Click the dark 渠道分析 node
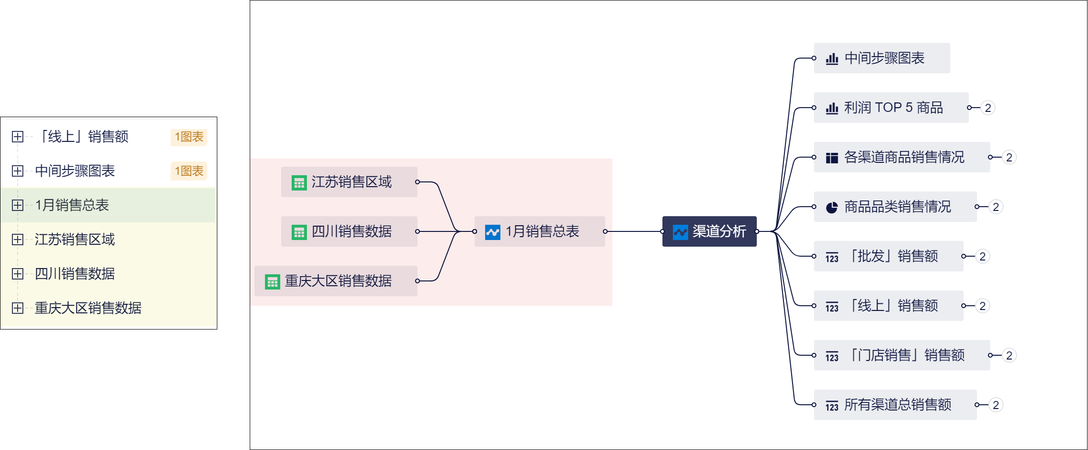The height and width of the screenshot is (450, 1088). click(709, 231)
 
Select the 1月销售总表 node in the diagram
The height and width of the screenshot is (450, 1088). click(539, 231)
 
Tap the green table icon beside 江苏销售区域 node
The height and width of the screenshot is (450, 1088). click(299, 182)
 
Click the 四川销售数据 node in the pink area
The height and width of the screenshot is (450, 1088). click(349, 231)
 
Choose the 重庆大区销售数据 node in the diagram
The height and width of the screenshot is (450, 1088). click(336, 281)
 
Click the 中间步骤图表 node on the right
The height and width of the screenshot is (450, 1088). click(881, 58)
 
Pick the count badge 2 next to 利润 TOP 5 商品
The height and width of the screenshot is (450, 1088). click(988, 108)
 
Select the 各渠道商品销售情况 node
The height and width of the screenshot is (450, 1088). click(901, 157)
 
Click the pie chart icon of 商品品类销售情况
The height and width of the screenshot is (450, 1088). click(832, 207)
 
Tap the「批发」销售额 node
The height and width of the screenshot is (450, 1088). click(888, 256)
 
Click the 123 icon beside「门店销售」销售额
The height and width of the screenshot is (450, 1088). click(832, 356)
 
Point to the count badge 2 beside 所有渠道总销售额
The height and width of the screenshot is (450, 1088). click(996, 405)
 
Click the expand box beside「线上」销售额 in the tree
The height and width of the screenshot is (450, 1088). click(18, 137)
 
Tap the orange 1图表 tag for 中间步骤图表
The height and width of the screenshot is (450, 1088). click(189, 171)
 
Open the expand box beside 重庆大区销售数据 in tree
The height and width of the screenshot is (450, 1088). click(18, 308)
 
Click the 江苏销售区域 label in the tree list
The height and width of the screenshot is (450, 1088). click(74, 240)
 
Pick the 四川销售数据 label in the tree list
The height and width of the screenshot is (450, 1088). click(74, 274)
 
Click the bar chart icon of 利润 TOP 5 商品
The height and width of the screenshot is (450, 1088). click(832, 108)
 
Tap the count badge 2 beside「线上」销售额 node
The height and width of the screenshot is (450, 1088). click(982, 306)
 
